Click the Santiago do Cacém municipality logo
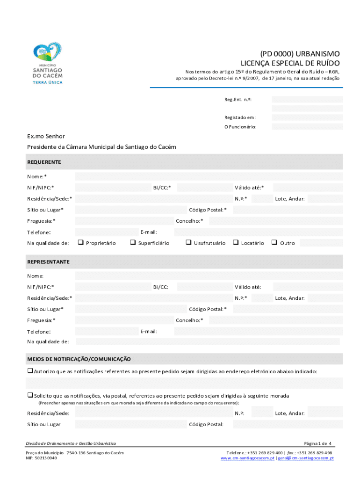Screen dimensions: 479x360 click(x=47, y=63)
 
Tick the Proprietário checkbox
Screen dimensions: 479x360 click(x=80, y=242)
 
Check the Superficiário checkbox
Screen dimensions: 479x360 click(x=133, y=242)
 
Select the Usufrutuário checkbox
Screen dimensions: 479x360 click(x=188, y=242)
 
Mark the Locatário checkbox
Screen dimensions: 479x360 click(x=236, y=242)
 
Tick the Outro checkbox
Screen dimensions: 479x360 click(x=274, y=242)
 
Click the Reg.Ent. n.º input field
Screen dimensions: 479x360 click(x=307, y=99)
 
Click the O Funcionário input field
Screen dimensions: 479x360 click(x=307, y=126)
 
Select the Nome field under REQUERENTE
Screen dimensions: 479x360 click(x=209, y=176)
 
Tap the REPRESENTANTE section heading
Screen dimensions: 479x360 click(x=49, y=261)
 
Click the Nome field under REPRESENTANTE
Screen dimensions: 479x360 click(x=209, y=276)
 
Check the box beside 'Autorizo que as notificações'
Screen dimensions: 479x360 click(x=29, y=371)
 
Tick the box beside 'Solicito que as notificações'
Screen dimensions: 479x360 click(x=29, y=395)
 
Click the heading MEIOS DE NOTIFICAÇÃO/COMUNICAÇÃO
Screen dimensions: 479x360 click(x=79, y=359)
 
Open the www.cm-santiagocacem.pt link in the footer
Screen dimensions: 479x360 click(x=247, y=458)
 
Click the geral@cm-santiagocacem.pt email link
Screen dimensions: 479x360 click(x=306, y=458)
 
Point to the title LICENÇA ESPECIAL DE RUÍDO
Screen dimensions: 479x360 click(x=290, y=63)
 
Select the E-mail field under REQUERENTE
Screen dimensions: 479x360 click(x=258, y=232)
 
